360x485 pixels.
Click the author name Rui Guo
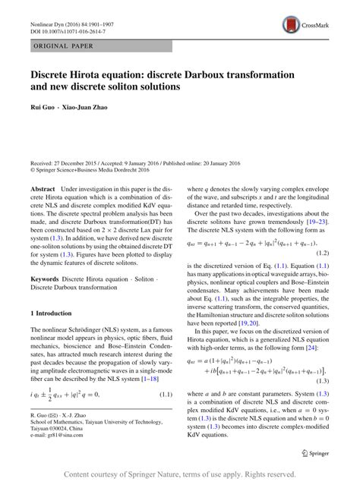[43, 106]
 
